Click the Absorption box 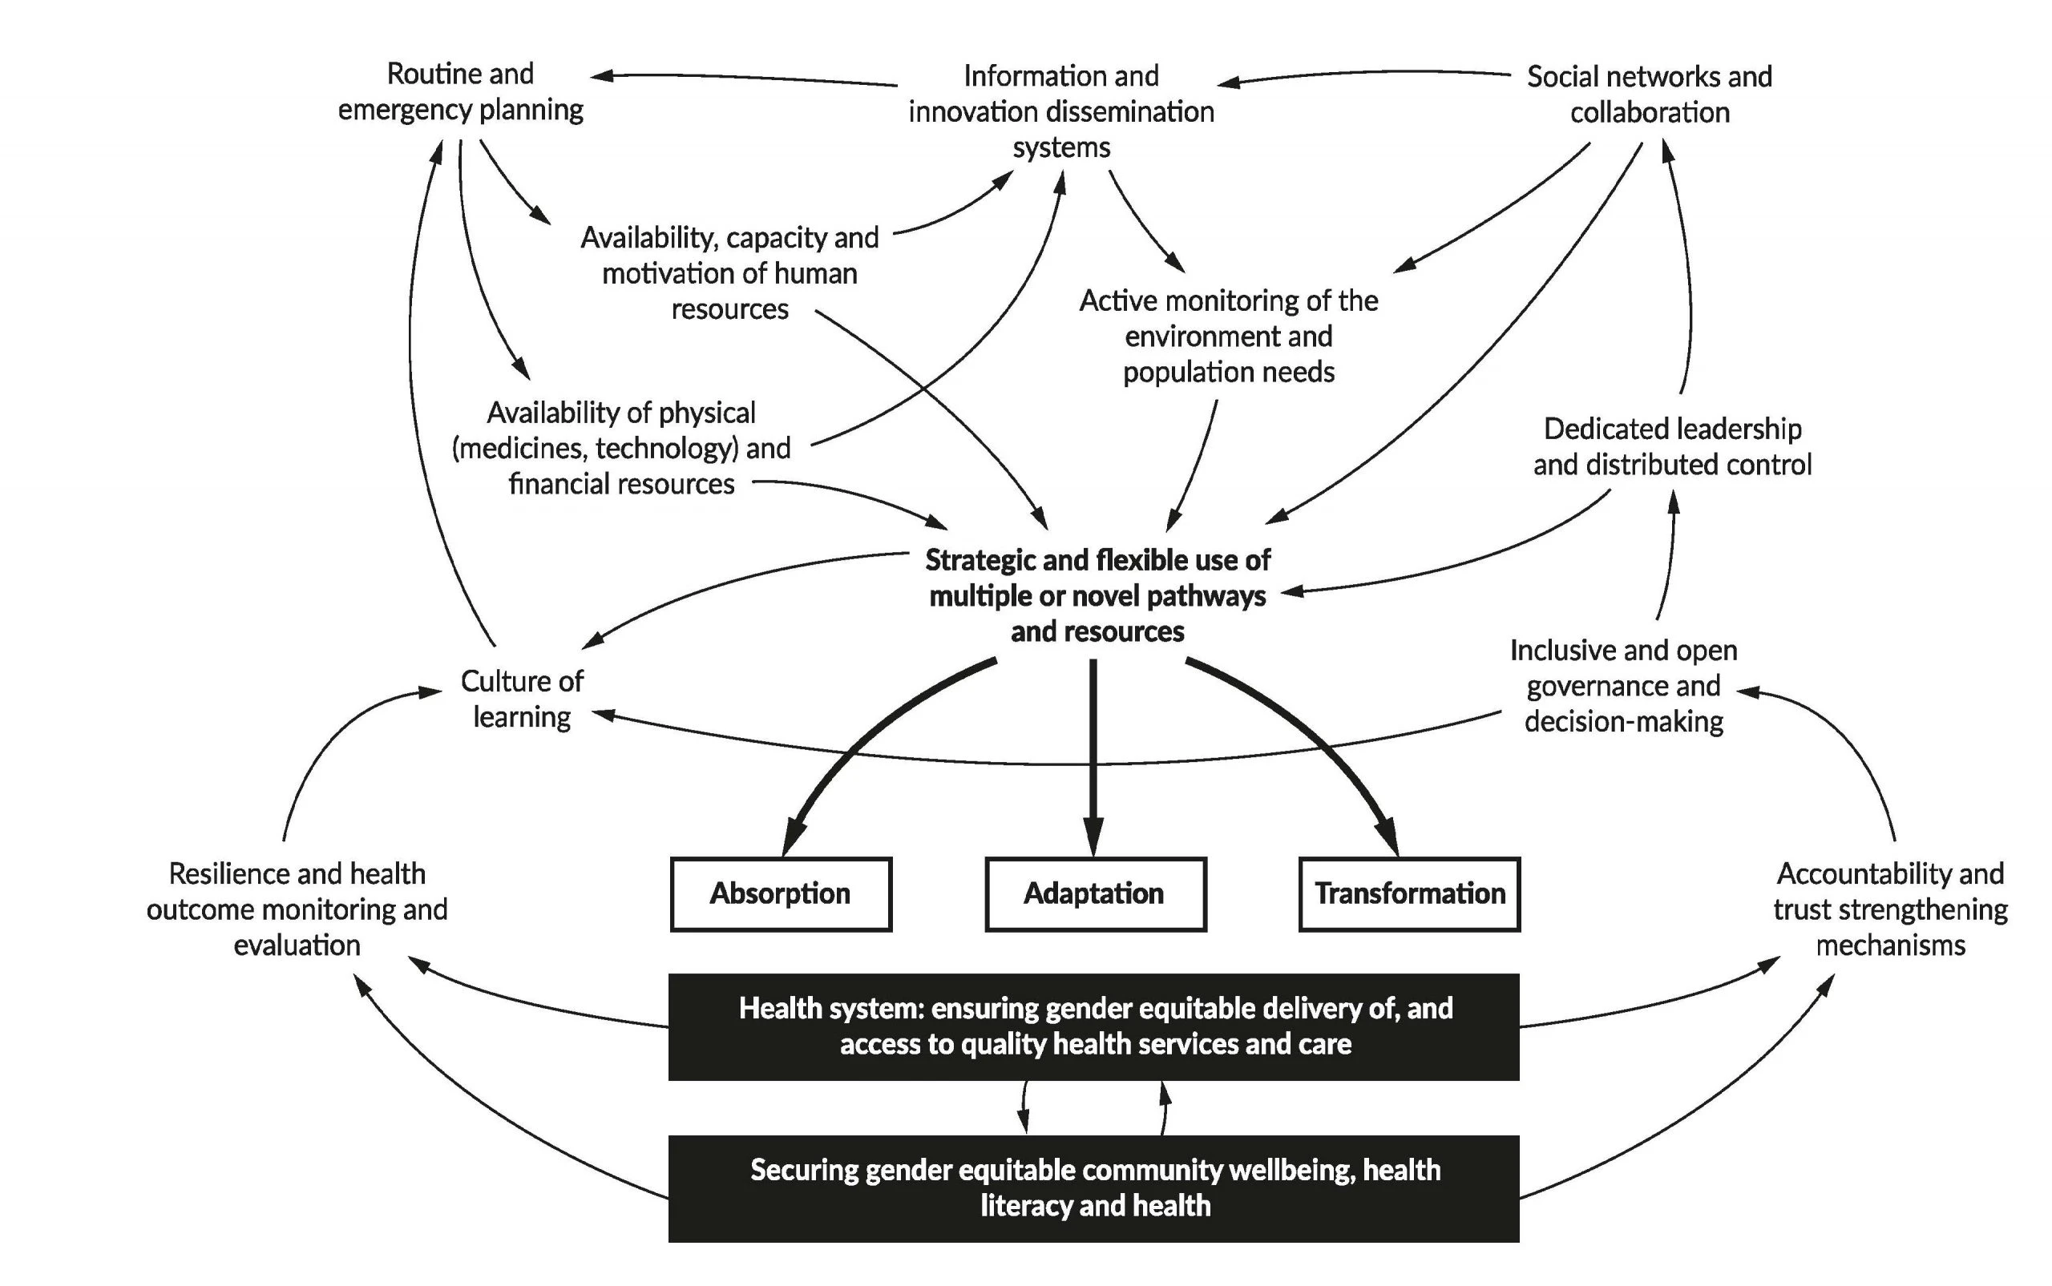(780, 894)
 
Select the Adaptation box (1095, 894)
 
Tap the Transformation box (1409, 894)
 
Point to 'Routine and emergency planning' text (460, 92)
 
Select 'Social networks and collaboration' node (1649, 95)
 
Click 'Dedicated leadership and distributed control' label (1672, 446)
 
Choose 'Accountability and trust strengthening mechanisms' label (1889, 909)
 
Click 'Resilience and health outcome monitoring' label (297, 909)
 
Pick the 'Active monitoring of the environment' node (1229, 336)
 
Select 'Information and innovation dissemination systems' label (1061, 111)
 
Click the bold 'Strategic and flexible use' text (1097, 595)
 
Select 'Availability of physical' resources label (621, 448)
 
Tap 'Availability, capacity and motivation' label (729, 273)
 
